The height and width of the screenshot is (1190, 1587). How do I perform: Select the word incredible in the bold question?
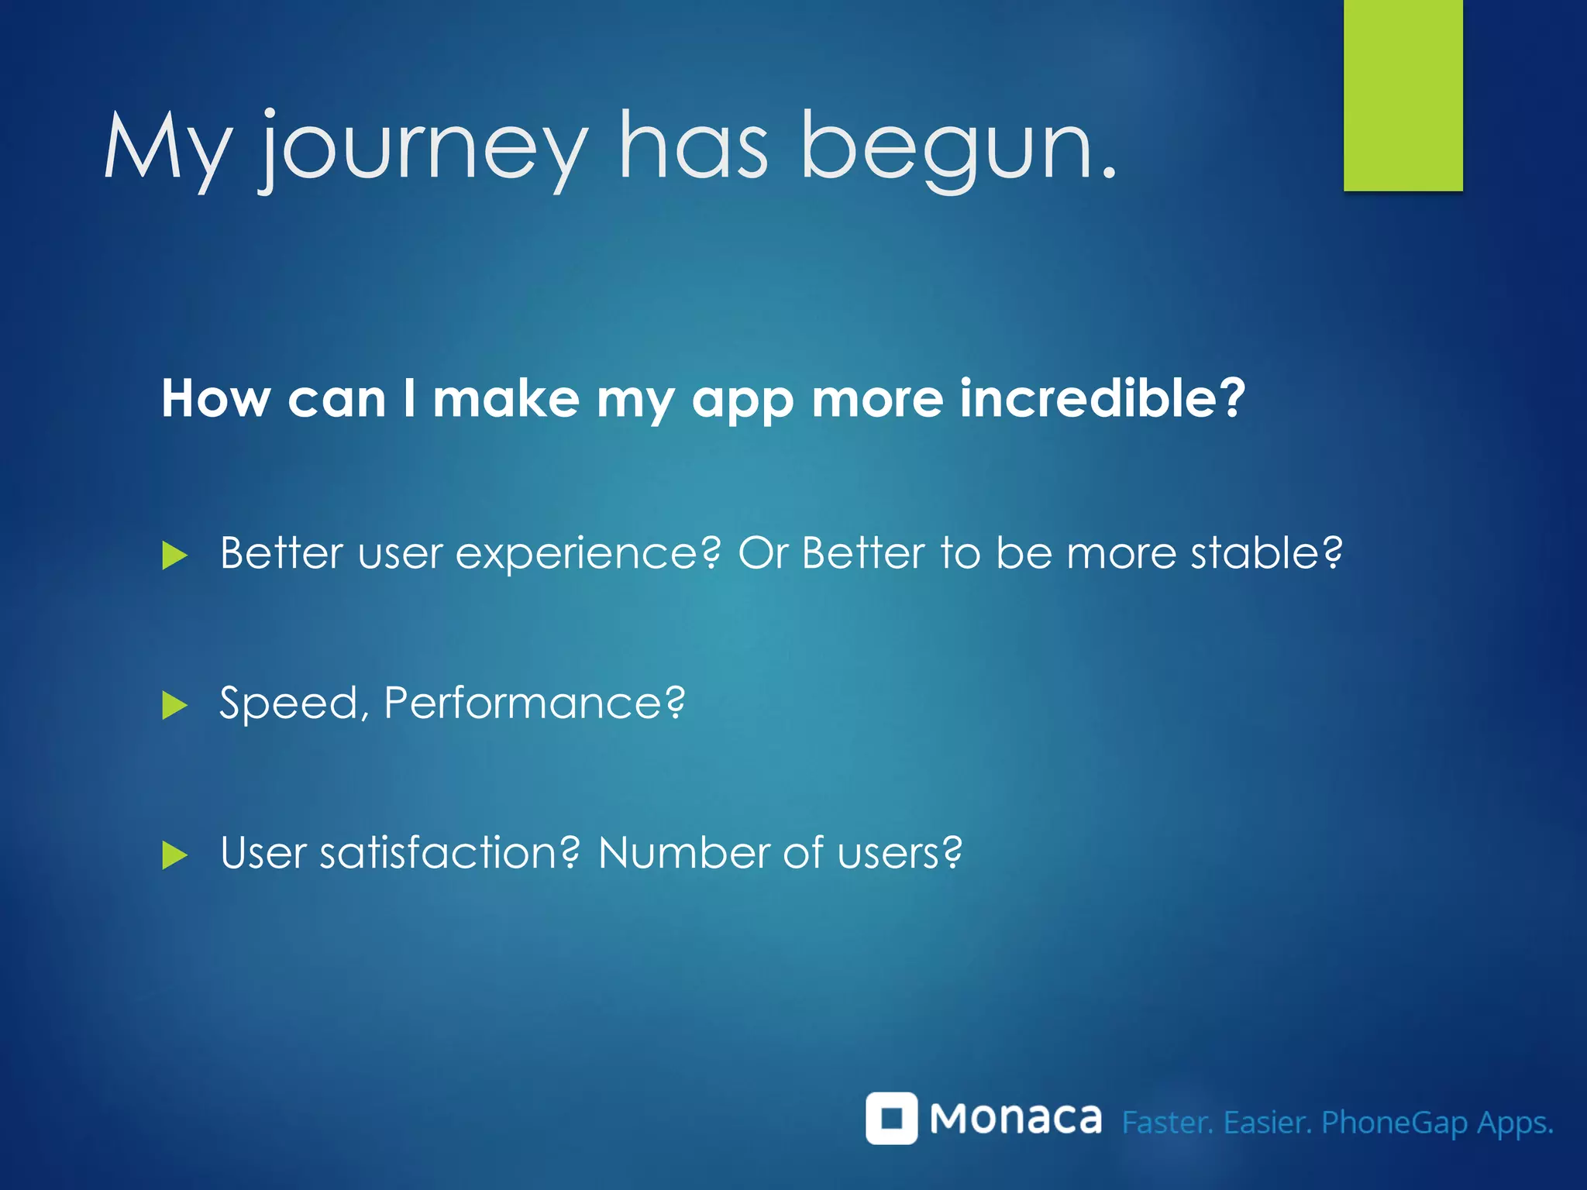click(x=1100, y=398)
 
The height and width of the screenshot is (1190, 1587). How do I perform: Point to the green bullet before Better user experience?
click(x=174, y=555)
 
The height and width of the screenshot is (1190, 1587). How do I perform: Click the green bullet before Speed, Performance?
click(x=174, y=706)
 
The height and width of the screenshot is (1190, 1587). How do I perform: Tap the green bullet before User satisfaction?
click(x=174, y=856)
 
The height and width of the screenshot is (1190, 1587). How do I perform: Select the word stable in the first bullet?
click(x=1265, y=553)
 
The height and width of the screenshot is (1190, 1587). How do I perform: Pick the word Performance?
click(x=533, y=703)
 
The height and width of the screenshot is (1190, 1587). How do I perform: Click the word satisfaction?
click(x=449, y=853)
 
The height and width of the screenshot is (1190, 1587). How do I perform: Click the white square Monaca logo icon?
click(x=891, y=1118)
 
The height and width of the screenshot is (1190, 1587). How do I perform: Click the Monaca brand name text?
click(x=1015, y=1119)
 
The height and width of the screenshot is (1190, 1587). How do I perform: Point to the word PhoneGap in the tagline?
click(x=1393, y=1123)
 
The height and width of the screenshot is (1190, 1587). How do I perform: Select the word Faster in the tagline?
click(x=1167, y=1122)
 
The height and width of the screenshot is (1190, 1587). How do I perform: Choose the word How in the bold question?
click(x=215, y=398)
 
